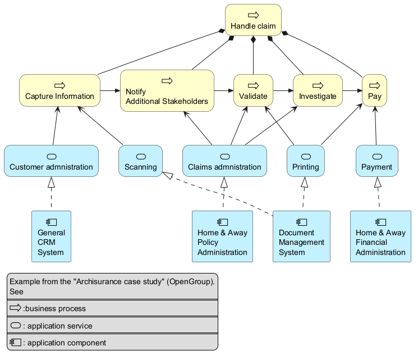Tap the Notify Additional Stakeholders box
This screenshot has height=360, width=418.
(167, 91)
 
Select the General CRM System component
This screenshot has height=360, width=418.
(51, 236)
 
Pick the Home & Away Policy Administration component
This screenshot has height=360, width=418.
(222, 236)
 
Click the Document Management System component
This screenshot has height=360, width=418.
(301, 236)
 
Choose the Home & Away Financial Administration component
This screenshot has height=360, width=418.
(380, 236)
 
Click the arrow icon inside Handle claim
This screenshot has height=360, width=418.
(253, 14)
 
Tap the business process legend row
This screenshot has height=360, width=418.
(112, 308)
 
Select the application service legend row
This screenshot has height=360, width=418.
(112, 326)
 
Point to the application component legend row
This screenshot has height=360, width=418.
(112, 342)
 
